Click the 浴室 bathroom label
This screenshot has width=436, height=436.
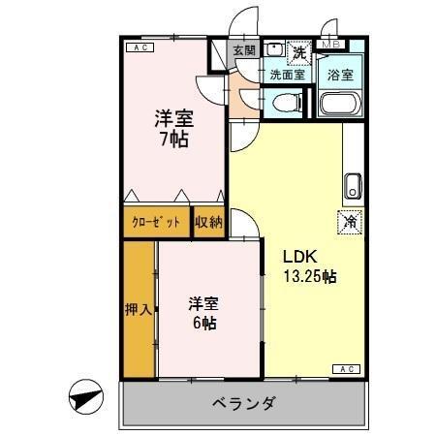point(339,73)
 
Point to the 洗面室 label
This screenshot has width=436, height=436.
point(287,73)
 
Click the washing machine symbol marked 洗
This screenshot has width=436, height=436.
point(300,50)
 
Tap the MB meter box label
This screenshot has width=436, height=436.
point(330,45)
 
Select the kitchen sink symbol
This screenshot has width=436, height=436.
point(353,182)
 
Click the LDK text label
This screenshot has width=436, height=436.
point(295,258)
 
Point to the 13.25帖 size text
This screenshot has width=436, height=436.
point(308,277)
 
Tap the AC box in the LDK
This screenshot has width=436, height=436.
point(346,368)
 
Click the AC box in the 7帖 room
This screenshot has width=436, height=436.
point(139,46)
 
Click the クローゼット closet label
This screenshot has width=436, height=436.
point(157,222)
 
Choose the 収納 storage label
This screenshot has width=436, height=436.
point(208,222)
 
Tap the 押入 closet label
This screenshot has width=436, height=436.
point(139,310)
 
